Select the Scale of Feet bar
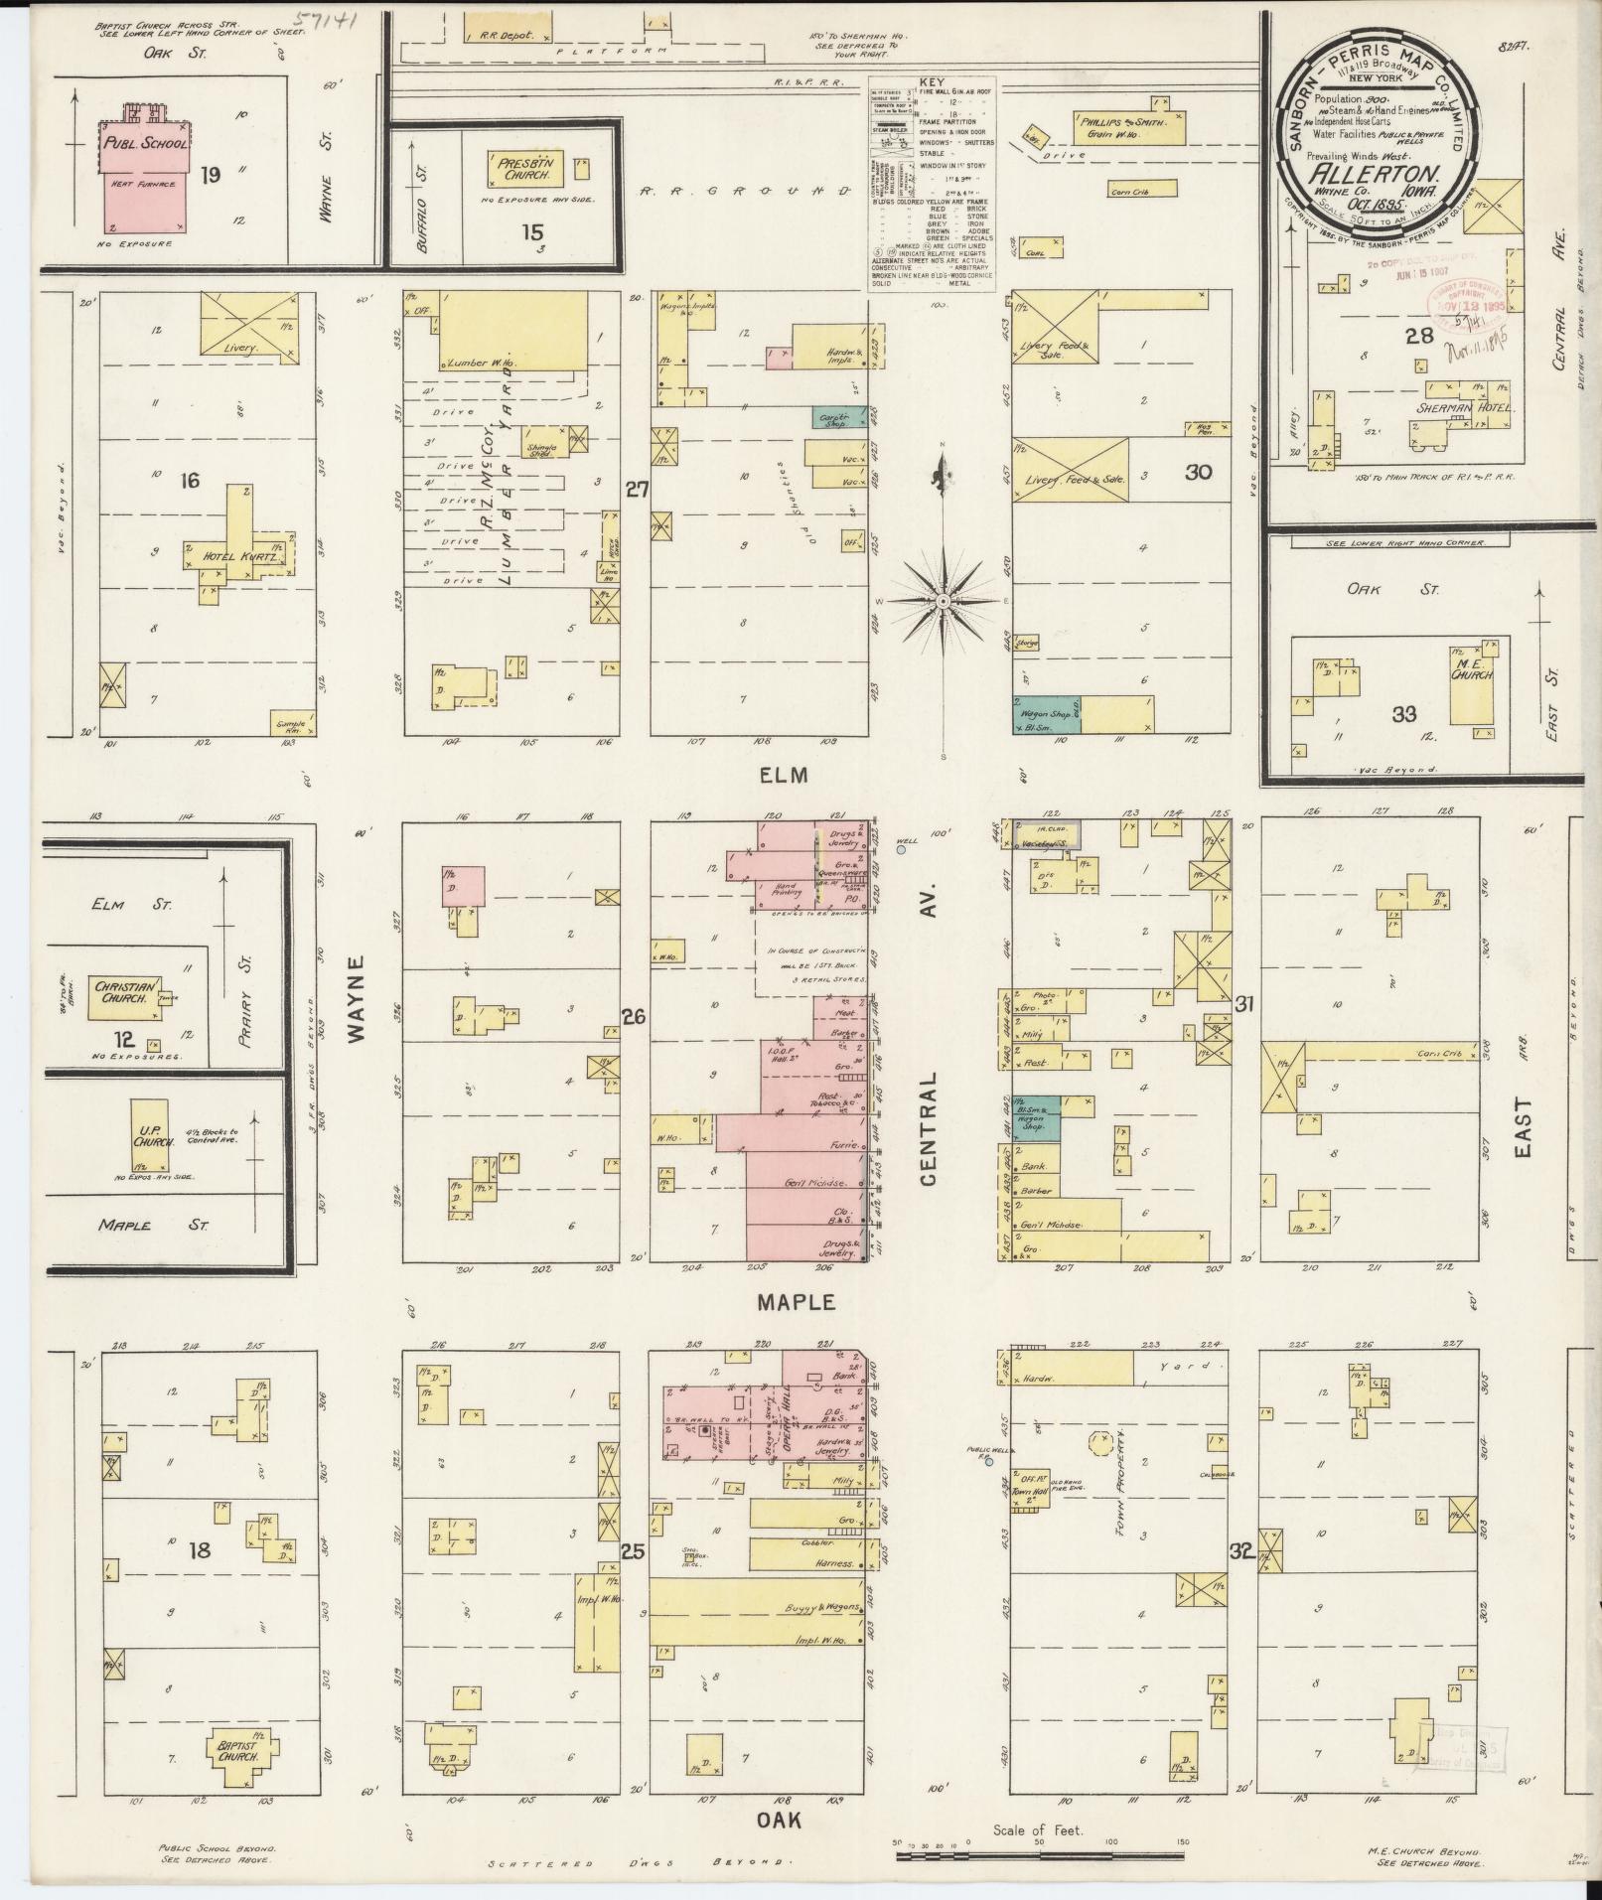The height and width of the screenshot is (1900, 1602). pyautogui.click(x=1037, y=1852)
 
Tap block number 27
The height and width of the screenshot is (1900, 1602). pyautogui.click(x=636, y=489)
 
